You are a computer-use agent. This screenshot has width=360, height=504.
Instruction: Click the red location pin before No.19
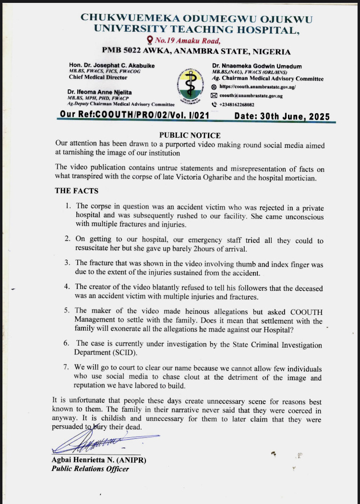[x=150, y=40]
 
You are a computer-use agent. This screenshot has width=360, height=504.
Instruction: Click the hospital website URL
[x=257, y=87]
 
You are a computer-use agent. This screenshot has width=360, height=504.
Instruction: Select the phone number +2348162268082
[x=237, y=105]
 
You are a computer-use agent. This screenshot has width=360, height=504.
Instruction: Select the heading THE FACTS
[x=77, y=191]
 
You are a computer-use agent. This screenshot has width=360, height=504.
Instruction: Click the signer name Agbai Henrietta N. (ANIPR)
[x=98, y=460]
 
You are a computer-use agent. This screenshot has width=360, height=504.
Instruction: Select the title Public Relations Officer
[x=90, y=468]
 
